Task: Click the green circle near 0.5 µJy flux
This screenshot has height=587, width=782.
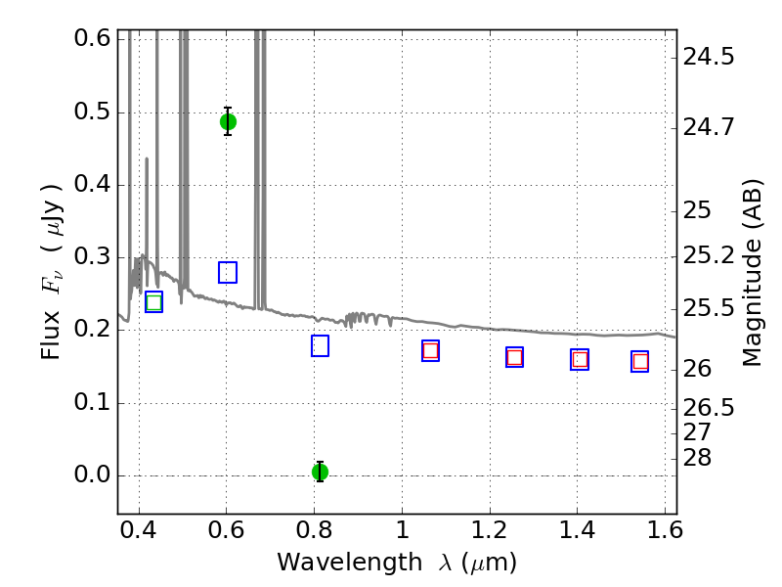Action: coord(228,121)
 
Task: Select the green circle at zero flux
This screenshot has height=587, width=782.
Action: coord(321,472)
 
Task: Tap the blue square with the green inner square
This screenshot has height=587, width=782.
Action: coord(154,302)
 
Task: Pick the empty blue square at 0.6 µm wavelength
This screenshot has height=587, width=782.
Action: coord(228,272)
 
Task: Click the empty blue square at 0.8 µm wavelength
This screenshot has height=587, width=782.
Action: coord(321,346)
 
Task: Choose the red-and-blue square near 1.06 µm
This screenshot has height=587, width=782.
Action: coord(430,351)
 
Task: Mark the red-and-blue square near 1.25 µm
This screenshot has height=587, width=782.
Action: coord(515,357)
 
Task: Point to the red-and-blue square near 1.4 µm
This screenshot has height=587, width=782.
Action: coord(580,359)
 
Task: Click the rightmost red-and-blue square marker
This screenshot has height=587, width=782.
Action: coord(640,361)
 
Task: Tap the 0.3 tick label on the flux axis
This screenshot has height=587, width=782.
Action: coord(92,256)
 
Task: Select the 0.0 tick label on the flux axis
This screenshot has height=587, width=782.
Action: coord(92,474)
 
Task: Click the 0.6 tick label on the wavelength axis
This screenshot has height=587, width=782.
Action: coord(226,530)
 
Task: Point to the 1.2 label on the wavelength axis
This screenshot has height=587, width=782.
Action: coord(490,530)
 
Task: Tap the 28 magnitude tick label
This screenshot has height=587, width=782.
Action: coord(697,458)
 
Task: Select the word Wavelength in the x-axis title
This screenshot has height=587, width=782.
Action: coord(350,563)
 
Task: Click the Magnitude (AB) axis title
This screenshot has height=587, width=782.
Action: coord(752,273)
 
